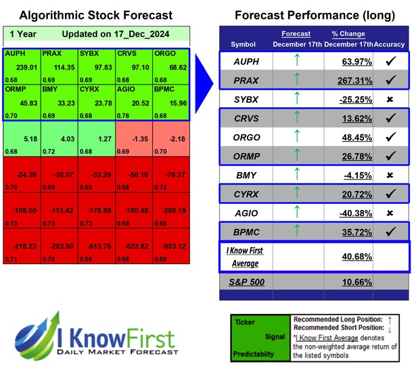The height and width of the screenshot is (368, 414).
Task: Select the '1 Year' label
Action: pyautogui.click(x=24, y=34)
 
